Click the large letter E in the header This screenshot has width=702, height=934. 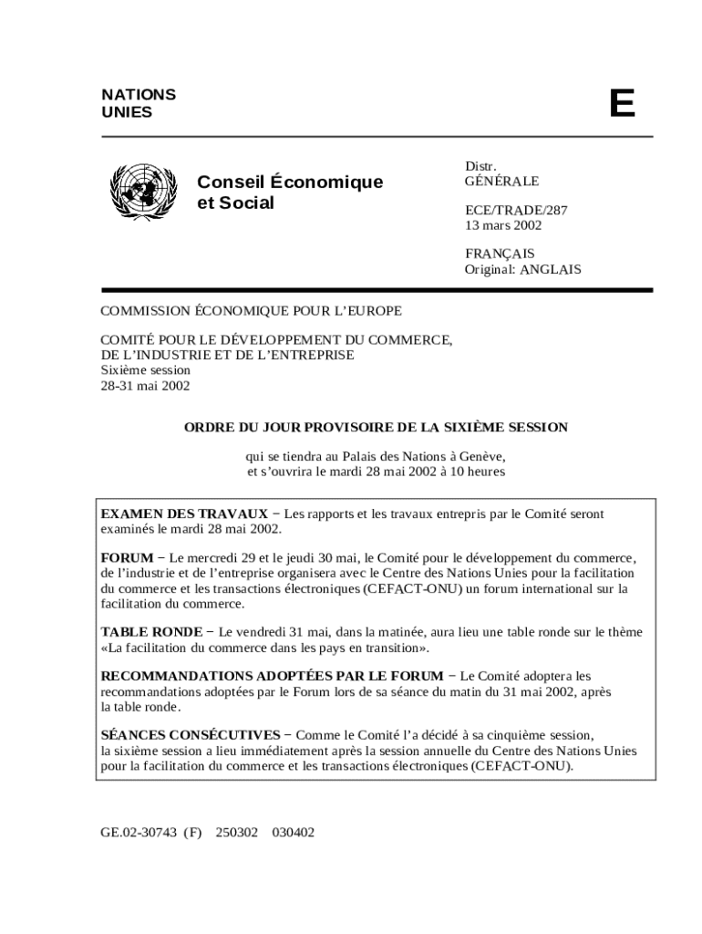click(622, 104)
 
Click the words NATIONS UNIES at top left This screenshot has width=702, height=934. click(139, 103)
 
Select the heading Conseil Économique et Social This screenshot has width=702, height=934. click(290, 192)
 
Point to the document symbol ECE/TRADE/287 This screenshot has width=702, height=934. click(516, 210)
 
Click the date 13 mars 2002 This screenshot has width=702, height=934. click(503, 225)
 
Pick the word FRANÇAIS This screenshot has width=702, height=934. click(500, 254)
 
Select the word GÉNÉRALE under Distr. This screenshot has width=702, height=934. click(501, 182)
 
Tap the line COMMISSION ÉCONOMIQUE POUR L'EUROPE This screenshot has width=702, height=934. click(251, 311)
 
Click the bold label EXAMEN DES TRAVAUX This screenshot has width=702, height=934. click(183, 514)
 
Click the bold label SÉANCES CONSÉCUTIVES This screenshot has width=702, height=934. click(190, 734)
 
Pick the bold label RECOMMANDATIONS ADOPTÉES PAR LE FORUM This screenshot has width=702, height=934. click(272, 676)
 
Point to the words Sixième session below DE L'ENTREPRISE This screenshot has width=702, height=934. click(145, 370)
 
